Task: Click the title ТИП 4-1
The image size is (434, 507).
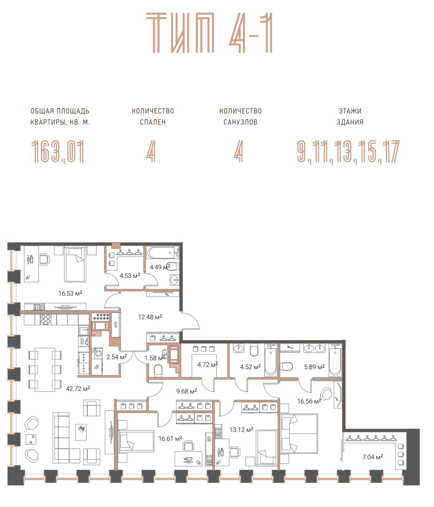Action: pyautogui.click(x=209, y=33)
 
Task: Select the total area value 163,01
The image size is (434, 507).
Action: pyautogui.click(x=58, y=152)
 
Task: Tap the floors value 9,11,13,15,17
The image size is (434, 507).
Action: pyautogui.click(x=348, y=152)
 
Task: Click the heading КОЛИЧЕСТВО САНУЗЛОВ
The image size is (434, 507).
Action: pyautogui.click(x=240, y=116)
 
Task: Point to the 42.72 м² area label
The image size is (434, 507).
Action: pyautogui.click(x=78, y=388)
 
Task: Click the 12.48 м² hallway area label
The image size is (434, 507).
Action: pyautogui.click(x=150, y=317)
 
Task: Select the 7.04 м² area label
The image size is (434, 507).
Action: pyautogui.click(x=373, y=457)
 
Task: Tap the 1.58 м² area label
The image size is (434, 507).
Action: pyautogui.click(x=155, y=358)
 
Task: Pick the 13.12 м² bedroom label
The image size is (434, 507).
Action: pyautogui.click(x=241, y=429)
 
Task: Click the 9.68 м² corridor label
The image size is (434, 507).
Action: pyautogui.click(x=187, y=391)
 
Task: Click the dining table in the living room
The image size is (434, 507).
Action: pyautogui.click(x=45, y=370)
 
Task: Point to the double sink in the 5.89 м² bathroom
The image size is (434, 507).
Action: pyautogui.click(x=314, y=348)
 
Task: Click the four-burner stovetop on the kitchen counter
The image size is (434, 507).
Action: pyautogui.click(x=45, y=319)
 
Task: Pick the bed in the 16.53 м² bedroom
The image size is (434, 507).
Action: pyautogui.click(x=75, y=264)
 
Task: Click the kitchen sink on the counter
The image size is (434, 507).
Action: pyautogui.click(x=84, y=330)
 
